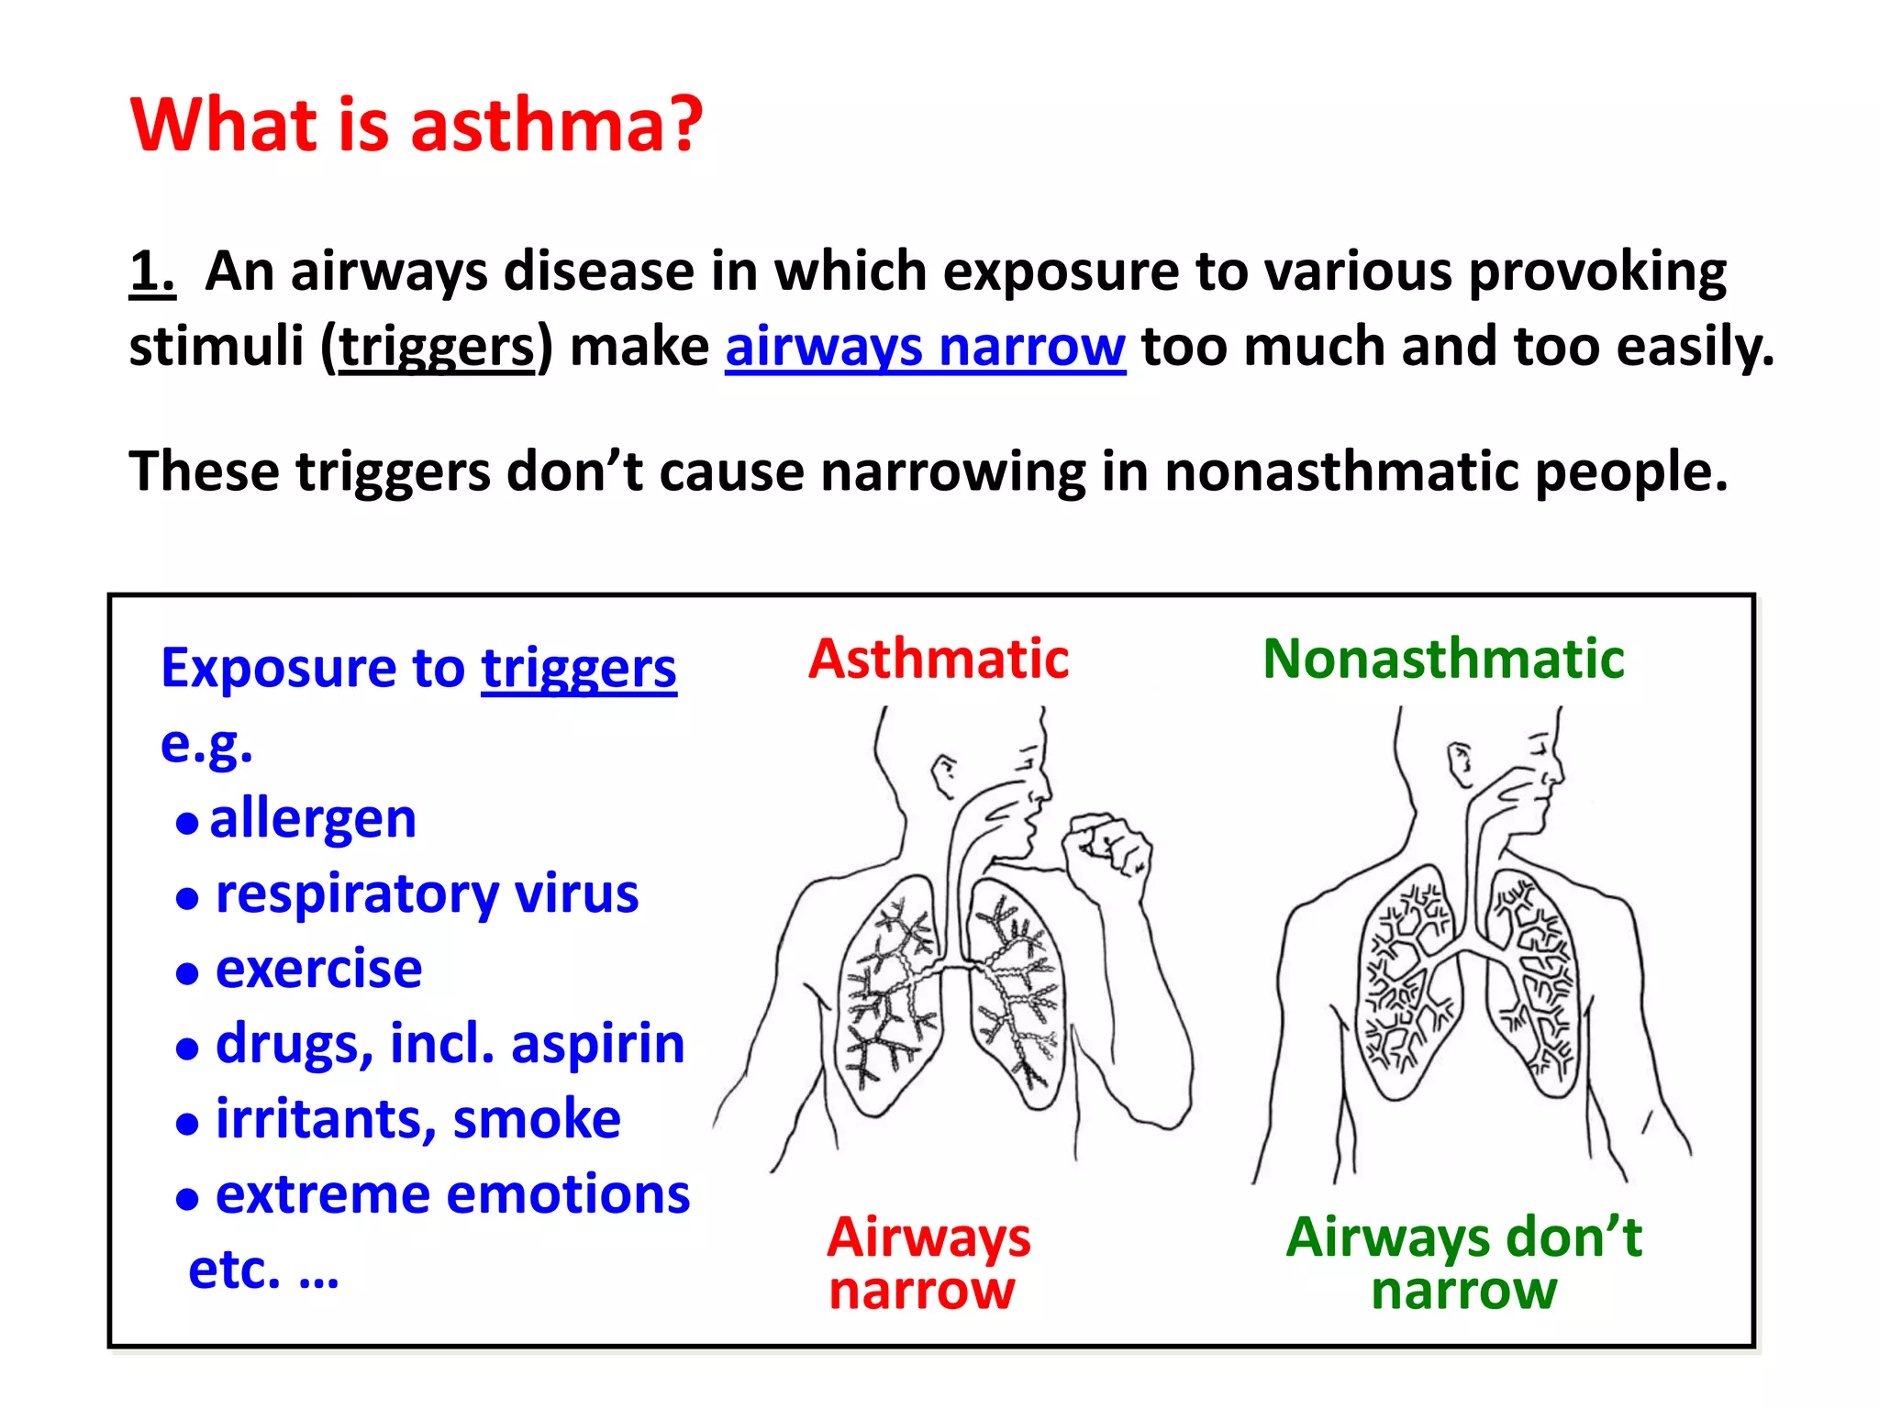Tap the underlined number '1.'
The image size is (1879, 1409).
pyautogui.click(x=151, y=272)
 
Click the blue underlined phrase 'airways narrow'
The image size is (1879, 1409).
pyautogui.click(x=925, y=348)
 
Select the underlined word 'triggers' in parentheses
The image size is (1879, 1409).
pyautogui.click(x=437, y=348)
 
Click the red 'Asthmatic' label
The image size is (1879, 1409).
pyautogui.click(x=939, y=659)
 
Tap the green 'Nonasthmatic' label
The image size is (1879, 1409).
pyautogui.click(x=1443, y=659)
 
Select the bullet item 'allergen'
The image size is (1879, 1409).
pyautogui.click(x=313, y=818)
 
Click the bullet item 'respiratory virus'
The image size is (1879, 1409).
pyautogui.click(x=427, y=893)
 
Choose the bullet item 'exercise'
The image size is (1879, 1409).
pyautogui.click(x=318, y=969)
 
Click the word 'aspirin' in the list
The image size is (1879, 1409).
pyautogui.click(x=597, y=1044)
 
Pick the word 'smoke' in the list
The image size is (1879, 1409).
pyautogui.click(x=537, y=1119)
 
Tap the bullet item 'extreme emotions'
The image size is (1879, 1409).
pyautogui.click(x=452, y=1194)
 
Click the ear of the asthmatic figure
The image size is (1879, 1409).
pyautogui.click(x=942, y=773)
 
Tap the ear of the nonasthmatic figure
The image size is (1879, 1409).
pyautogui.click(x=1458, y=763)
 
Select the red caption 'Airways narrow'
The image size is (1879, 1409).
pyautogui.click(x=928, y=1263)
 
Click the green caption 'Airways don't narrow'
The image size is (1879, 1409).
pyautogui.click(x=1463, y=1263)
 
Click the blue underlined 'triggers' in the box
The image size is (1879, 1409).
pyautogui.click(x=579, y=669)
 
